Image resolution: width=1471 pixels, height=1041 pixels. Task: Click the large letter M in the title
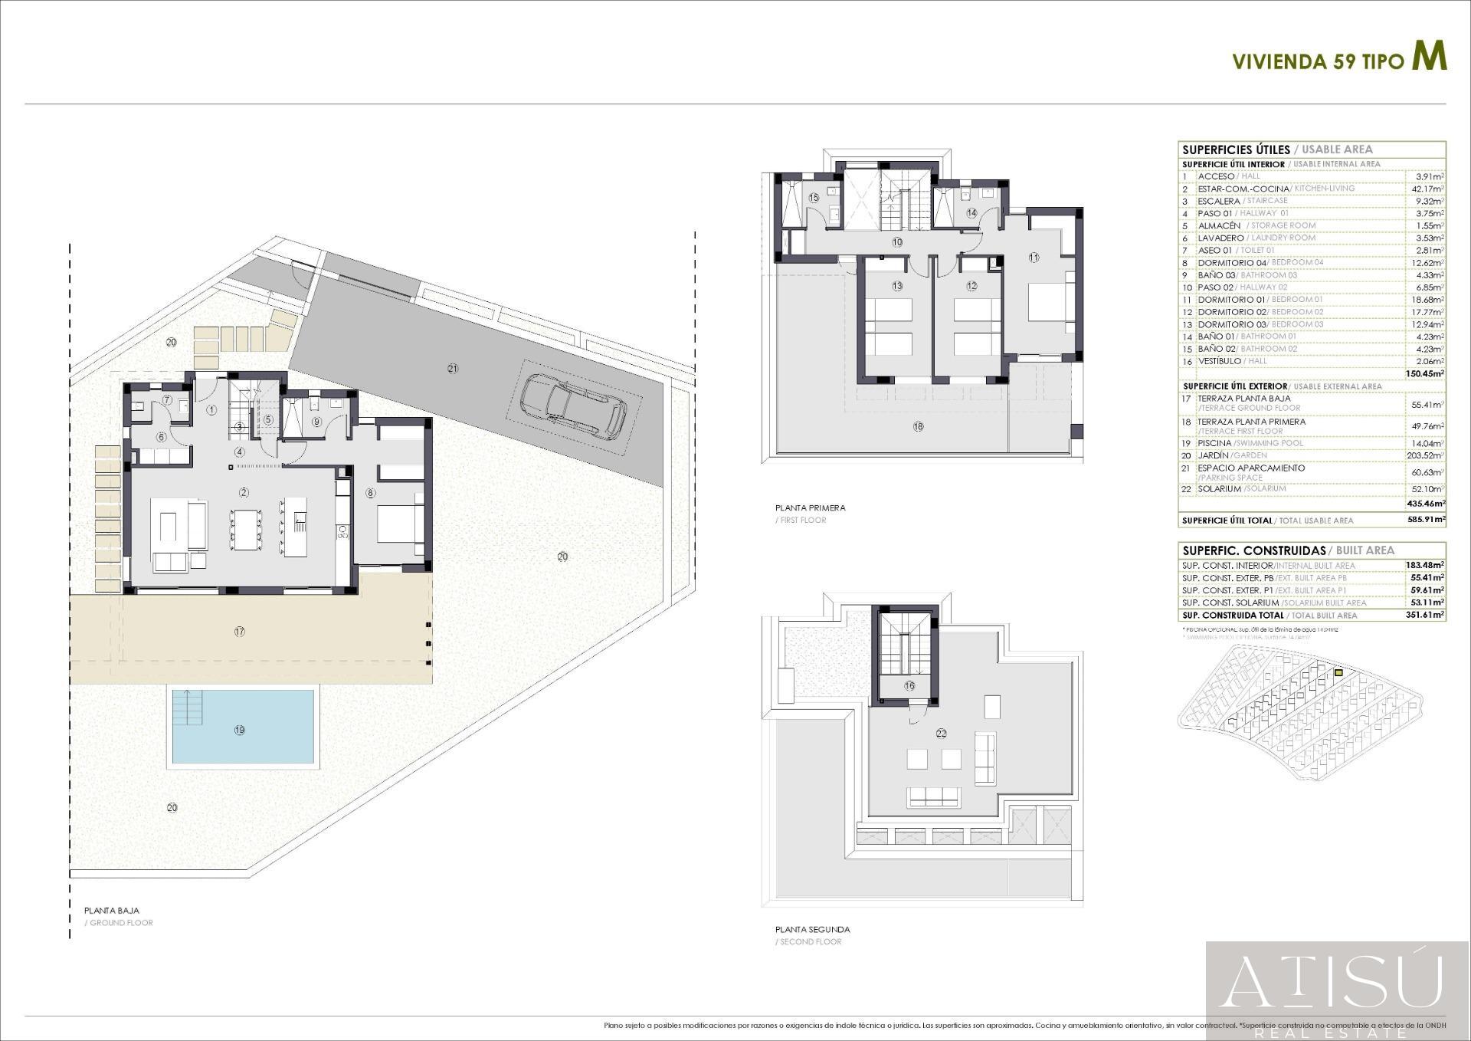coord(1429,57)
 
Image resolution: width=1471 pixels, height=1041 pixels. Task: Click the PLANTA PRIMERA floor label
coord(810,507)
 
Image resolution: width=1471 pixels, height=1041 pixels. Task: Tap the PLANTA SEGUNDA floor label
coord(812,929)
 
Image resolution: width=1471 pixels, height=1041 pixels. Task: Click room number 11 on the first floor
coord(1034,258)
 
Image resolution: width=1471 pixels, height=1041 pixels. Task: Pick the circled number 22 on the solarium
coord(941,733)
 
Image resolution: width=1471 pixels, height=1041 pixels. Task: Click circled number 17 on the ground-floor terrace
coord(240,632)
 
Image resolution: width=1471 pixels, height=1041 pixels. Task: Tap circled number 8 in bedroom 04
coord(371,494)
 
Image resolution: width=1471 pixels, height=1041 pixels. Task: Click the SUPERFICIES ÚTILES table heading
coord(1235,149)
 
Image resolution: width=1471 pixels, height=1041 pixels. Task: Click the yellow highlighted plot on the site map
coord(1338,672)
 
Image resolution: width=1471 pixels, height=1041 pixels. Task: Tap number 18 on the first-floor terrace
coord(919,427)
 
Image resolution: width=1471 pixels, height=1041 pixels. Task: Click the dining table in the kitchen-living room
coord(246,529)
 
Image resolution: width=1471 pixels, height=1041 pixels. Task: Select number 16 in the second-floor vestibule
coord(909,686)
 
